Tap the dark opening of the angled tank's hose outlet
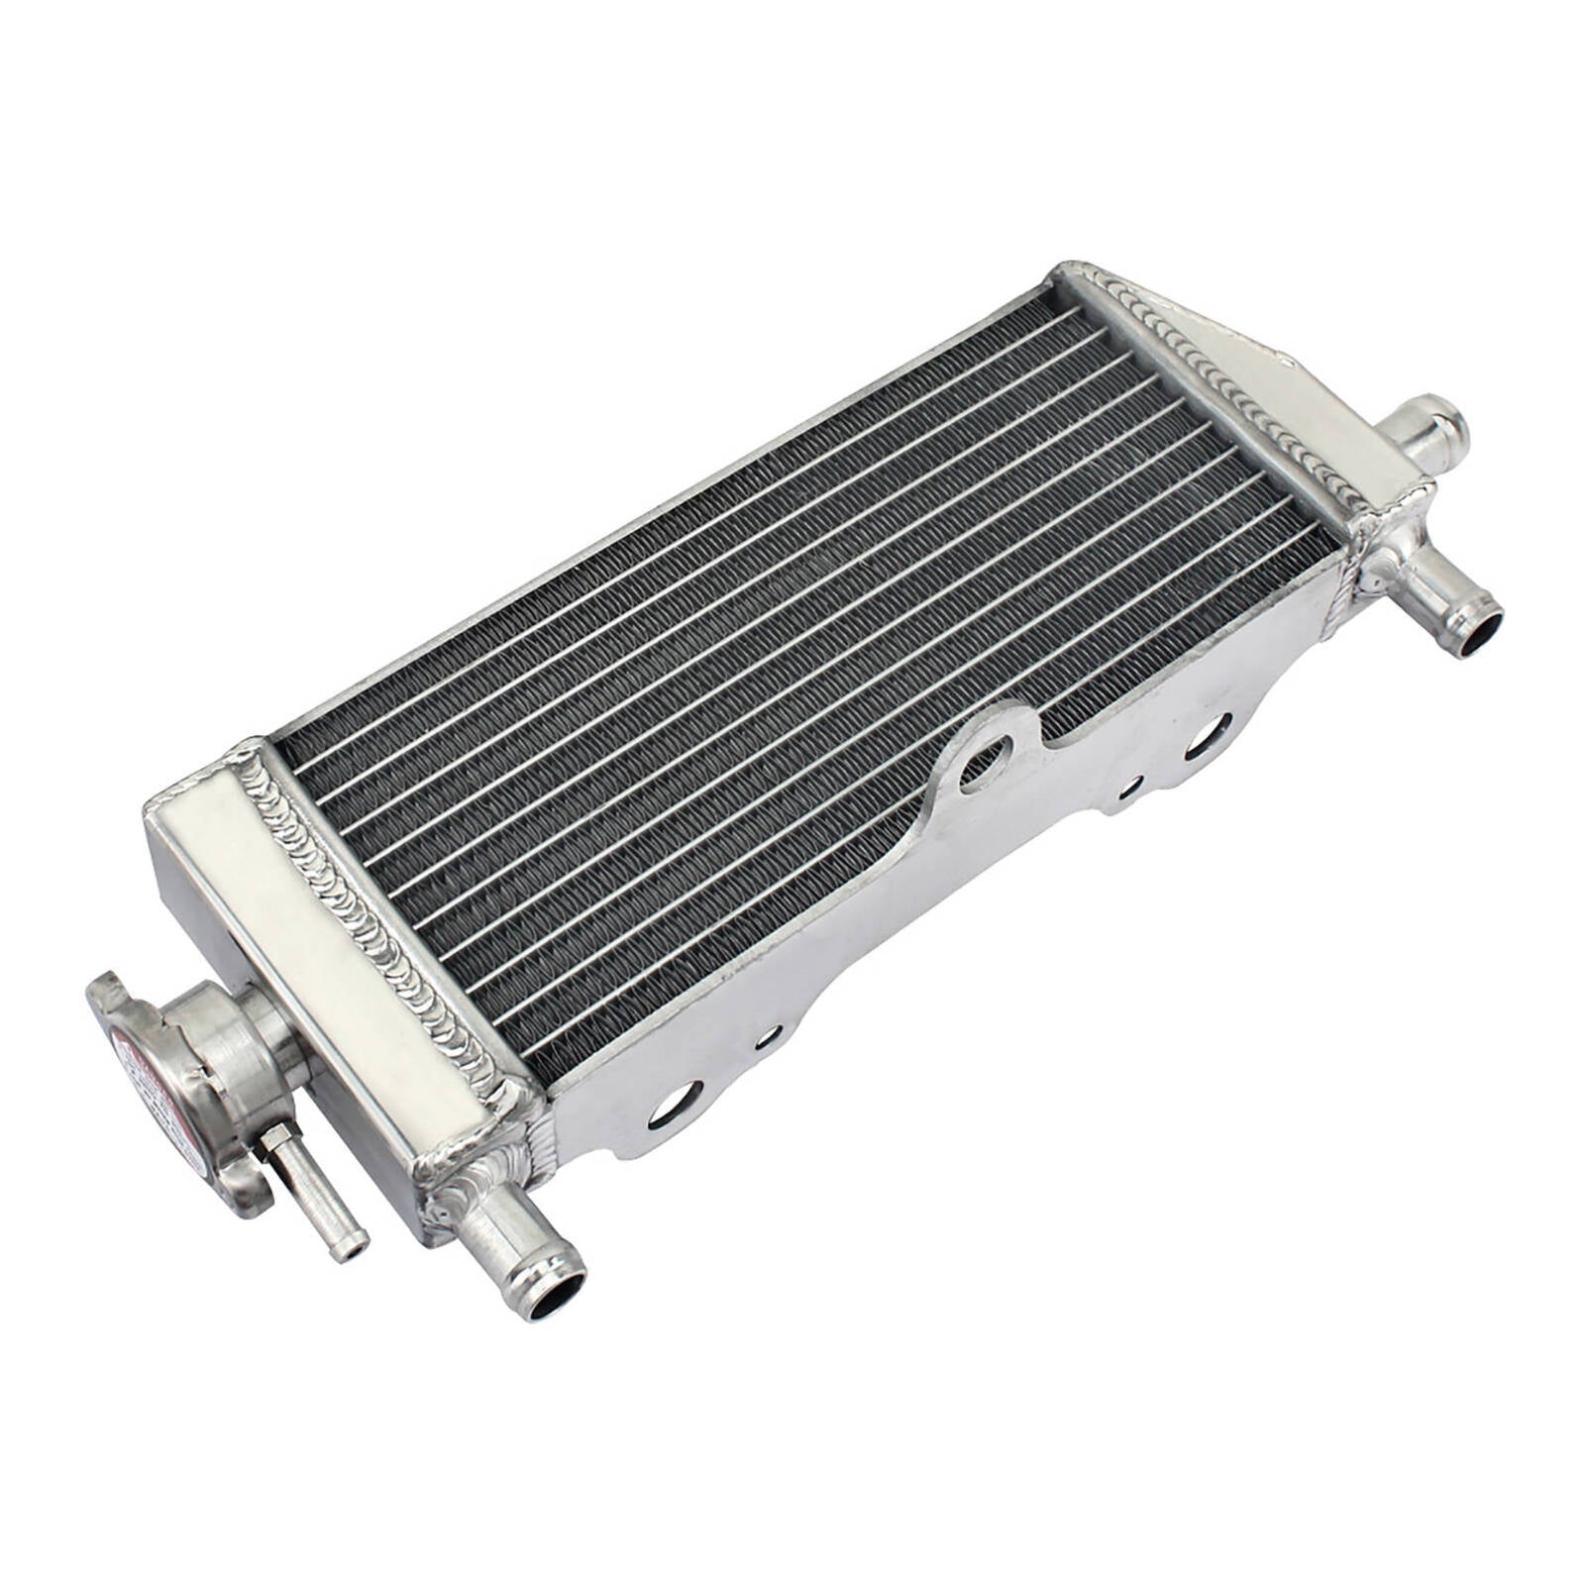pos(1472,636)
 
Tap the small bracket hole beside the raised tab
pos(1126,791)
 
